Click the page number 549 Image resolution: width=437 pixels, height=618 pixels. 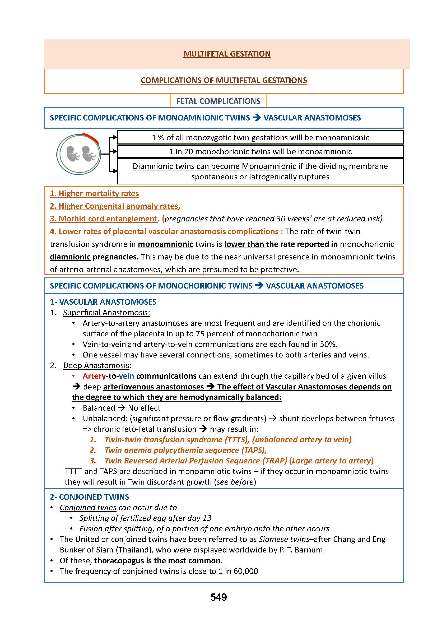[218, 597]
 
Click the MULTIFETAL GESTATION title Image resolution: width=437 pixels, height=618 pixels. [227, 54]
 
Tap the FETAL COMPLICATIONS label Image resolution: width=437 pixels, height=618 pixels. [218, 101]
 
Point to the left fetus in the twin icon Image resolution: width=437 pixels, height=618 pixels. [73, 154]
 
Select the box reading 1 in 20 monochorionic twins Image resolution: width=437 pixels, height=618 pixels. [260, 152]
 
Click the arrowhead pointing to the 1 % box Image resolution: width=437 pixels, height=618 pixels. [115, 138]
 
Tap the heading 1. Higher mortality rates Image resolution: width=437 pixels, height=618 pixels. [94, 193]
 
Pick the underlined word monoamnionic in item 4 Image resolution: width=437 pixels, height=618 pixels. [165, 244]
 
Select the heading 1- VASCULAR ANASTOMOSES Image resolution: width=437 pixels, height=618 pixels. [103, 302]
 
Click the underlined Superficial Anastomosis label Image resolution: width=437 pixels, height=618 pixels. [106, 313]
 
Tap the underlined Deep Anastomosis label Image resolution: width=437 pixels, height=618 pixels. [97, 365]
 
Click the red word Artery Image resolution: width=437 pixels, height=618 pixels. [94, 376]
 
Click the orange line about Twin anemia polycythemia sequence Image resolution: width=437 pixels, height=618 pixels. [186, 450]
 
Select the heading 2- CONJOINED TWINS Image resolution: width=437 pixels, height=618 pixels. [89, 497]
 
